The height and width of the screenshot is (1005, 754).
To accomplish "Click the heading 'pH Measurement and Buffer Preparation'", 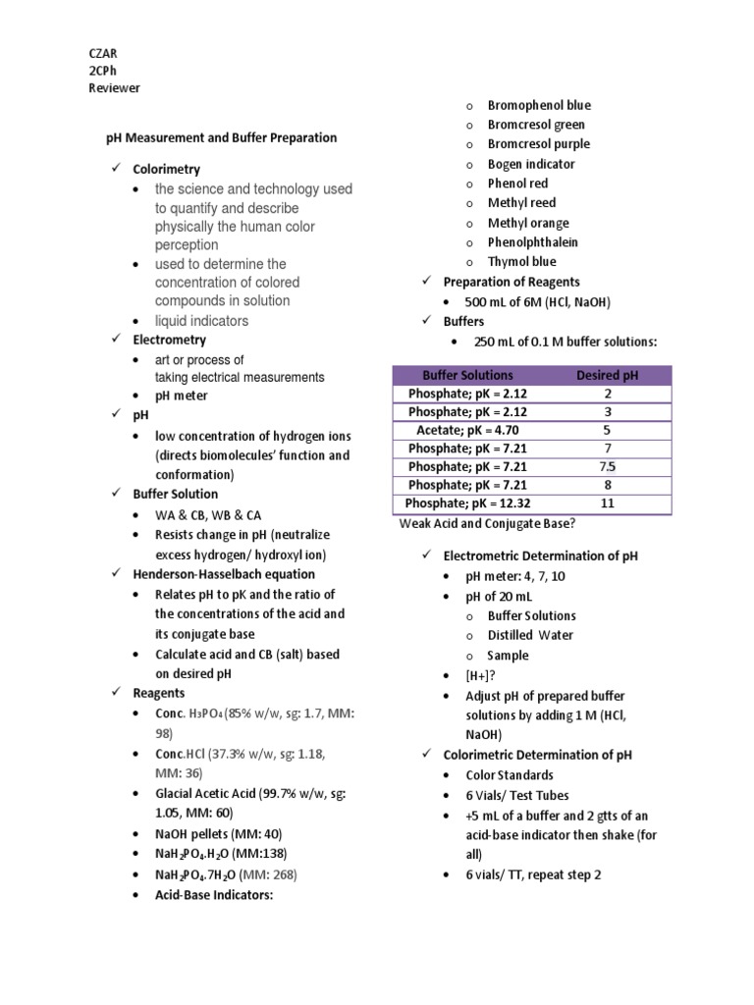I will pyautogui.click(x=221, y=138).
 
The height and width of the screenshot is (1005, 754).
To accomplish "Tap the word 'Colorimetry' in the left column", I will pyautogui.click(x=166, y=170).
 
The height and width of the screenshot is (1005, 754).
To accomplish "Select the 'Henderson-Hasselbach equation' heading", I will pyautogui.click(x=224, y=574).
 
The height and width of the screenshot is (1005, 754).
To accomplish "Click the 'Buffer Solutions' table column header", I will pyautogui.click(x=467, y=375).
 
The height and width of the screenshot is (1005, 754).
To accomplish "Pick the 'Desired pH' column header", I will pyautogui.click(x=607, y=375).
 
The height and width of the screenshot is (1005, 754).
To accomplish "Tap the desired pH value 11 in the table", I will pyautogui.click(x=607, y=502).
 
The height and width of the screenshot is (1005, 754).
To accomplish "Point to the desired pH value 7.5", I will pyautogui.click(x=607, y=466).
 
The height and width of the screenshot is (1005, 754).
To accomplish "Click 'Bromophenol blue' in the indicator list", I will pyautogui.click(x=539, y=105).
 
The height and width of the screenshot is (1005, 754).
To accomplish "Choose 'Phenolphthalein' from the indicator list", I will pyautogui.click(x=533, y=242).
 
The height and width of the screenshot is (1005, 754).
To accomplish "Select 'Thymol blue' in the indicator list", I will pyautogui.click(x=521, y=262).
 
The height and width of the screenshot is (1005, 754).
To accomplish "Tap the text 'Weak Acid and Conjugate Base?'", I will pyautogui.click(x=487, y=523).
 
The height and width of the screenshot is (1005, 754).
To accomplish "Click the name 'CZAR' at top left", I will pyautogui.click(x=103, y=53).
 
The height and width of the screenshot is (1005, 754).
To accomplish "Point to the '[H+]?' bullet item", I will pyautogui.click(x=483, y=676).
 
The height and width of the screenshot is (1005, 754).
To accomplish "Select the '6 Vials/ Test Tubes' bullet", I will pyautogui.click(x=517, y=795).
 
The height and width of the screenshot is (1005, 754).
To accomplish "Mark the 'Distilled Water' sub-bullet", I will pyautogui.click(x=531, y=635).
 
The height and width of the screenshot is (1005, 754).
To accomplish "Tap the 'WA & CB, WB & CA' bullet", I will pyautogui.click(x=208, y=515).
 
